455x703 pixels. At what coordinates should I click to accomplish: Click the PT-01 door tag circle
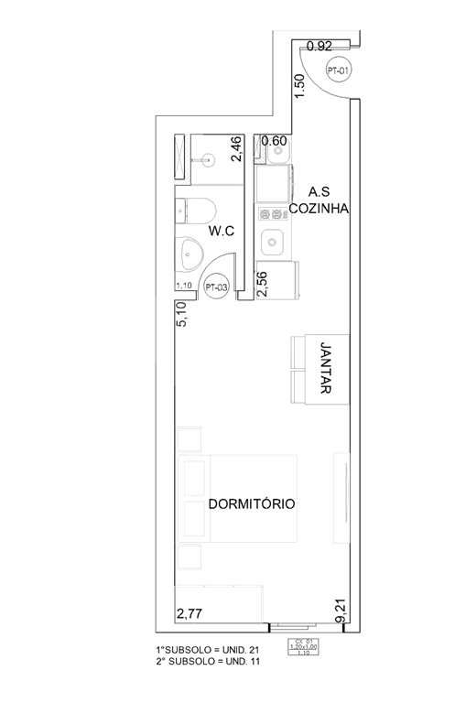(339, 70)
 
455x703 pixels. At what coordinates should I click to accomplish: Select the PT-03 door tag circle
(216, 287)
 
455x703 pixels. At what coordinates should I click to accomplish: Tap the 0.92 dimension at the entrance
(319, 46)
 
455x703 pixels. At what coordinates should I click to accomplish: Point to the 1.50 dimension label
(298, 86)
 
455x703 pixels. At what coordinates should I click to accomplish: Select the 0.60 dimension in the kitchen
(274, 141)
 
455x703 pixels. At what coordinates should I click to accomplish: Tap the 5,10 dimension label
(180, 316)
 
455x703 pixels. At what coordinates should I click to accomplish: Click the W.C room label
(222, 232)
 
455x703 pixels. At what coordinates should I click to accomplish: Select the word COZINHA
(315, 208)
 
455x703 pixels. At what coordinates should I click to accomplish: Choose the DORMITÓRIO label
(251, 503)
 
